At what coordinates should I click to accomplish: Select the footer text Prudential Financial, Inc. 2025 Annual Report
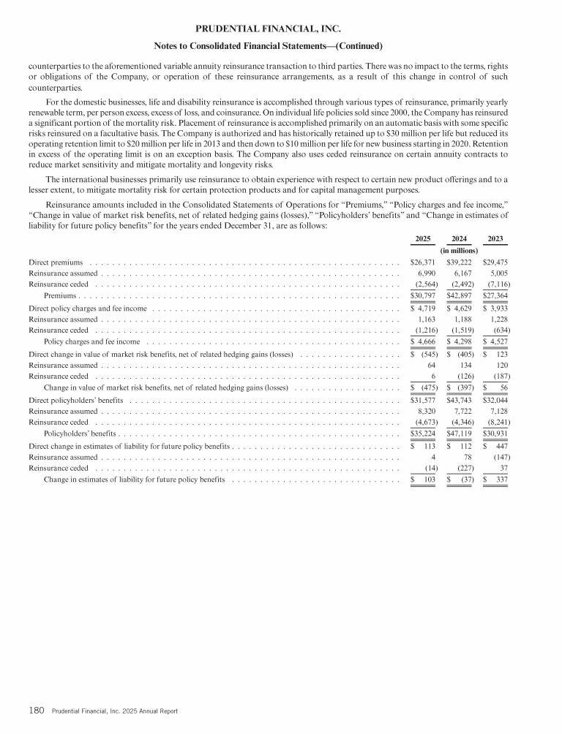(115, 711)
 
